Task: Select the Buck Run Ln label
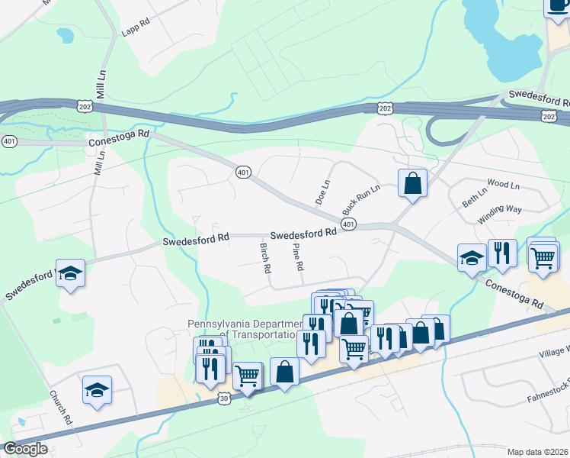[360, 198]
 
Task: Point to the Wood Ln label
[502, 185]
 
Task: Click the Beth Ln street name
[473, 199]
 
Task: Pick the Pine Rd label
[299, 257]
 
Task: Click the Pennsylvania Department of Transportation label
[242, 329]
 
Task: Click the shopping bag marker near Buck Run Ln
[412, 184]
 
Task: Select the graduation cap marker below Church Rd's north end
[98, 390]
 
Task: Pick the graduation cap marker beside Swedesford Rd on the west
[70, 274]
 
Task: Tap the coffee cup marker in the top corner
[557, 6]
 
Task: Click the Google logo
[25, 449]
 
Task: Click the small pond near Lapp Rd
[66, 35]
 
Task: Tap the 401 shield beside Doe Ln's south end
[348, 224]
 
